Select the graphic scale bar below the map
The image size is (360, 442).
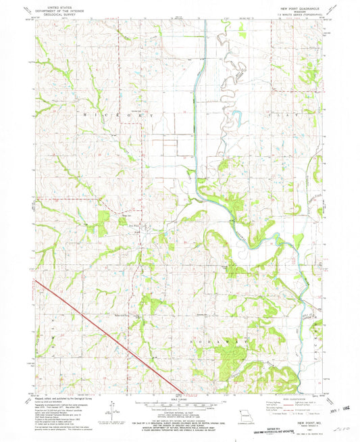(x=179, y=403)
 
